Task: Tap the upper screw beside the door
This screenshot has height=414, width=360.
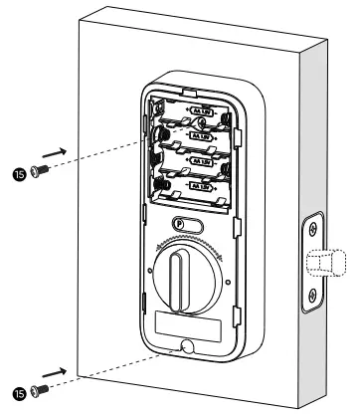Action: (x=39, y=170)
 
